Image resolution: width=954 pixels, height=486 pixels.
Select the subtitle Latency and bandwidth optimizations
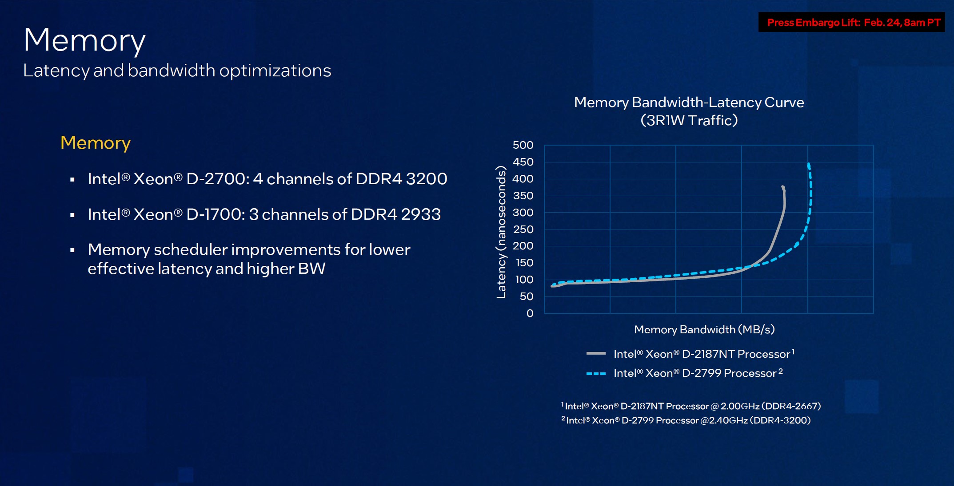pyautogui.click(x=177, y=71)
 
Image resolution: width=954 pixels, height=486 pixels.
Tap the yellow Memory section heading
pyautogui.click(x=96, y=143)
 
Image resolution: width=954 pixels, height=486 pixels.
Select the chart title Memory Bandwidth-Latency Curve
pyautogui.click(x=689, y=103)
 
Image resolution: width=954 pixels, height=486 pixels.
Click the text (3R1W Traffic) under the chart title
pyautogui.click(x=689, y=120)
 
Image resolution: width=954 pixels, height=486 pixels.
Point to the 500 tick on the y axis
pyautogui.click(x=523, y=145)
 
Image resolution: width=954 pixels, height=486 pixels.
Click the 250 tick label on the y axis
pyautogui.click(x=523, y=229)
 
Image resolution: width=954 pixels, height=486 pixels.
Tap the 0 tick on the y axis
pyautogui.click(x=530, y=313)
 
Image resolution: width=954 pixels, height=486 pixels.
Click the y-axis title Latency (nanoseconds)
pyautogui.click(x=501, y=232)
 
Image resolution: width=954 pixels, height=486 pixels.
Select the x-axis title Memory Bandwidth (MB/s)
pyautogui.click(x=704, y=329)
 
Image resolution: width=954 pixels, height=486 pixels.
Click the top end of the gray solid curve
pyautogui.click(x=782, y=187)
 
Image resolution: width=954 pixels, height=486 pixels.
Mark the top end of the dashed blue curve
pyautogui.click(x=808, y=165)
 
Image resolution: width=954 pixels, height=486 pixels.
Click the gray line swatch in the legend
pyautogui.click(x=596, y=354)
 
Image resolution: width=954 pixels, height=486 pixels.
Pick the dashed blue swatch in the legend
pyautogui.click(x=596, y=374)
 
